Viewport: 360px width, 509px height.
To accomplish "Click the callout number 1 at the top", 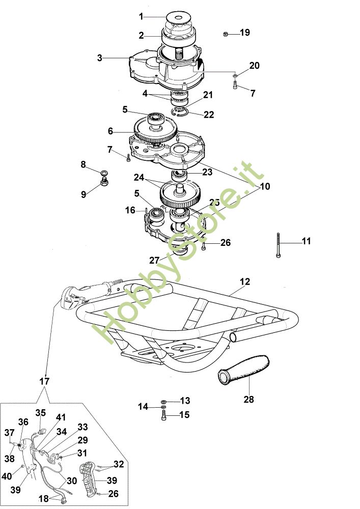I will (x=141, y=17).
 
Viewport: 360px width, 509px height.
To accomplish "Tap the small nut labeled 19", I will (x=225, y=34).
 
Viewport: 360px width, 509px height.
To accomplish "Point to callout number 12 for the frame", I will (x=245, y=281).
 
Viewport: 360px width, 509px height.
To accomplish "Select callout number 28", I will (x=248, y=400).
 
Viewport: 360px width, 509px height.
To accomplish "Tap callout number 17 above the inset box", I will (x=44, y=381).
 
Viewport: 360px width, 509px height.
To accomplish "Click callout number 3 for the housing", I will (x=100, y=58).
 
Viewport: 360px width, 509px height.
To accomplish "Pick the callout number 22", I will (x=209, y=115).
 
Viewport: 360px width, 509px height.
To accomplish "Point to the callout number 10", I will (x=265, y=186).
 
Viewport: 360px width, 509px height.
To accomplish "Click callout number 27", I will (x=154, y=260).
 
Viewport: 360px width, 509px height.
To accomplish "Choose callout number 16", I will (x=131, y=210).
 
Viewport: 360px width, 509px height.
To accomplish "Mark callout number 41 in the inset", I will (x=61, y=417).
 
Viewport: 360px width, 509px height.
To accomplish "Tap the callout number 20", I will (x=254, y=66).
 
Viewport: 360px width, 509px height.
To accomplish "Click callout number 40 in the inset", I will (x=7, y=476).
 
